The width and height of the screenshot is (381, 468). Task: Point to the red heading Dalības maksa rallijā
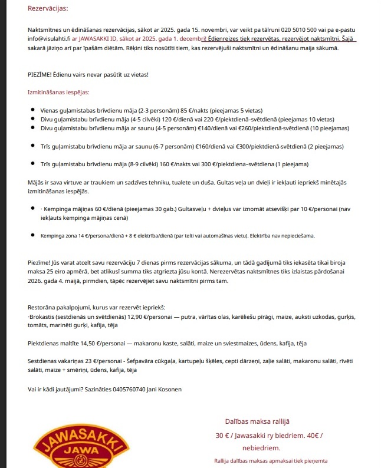coord(257,421)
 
